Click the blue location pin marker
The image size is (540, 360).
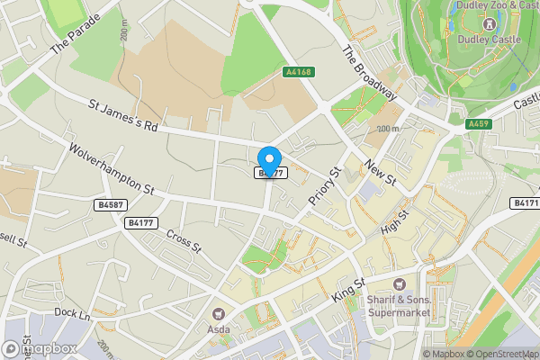269,159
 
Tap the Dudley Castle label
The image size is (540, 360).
489,40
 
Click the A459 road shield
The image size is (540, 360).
478,122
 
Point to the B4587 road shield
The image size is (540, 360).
107,205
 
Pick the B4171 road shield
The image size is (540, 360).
526,204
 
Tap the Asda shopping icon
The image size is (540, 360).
218,313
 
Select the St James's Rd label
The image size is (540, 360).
123,117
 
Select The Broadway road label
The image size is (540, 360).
370,73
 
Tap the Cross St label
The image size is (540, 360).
184,240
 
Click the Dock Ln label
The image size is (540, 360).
73,314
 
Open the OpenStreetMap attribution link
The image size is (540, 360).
499,354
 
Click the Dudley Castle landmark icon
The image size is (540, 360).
489,23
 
